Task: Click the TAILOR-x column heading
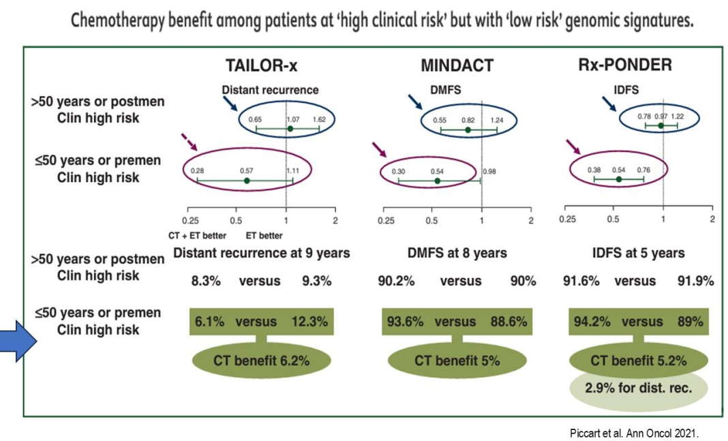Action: [262, 65]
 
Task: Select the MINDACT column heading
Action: [457, 65]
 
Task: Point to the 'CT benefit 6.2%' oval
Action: [261, 361]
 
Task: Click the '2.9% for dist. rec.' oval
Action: [639, 389]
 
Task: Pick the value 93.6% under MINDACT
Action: [405, 322]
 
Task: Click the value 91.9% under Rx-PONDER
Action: [695, 281]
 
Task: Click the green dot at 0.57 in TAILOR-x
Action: [247, 181]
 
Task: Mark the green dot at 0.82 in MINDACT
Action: [468, 130]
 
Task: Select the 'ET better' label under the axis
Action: [264, 236]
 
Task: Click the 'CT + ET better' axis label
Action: [197, 236]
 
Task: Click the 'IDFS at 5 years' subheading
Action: [638, 254]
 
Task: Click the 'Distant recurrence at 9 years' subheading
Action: [262, 254]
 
